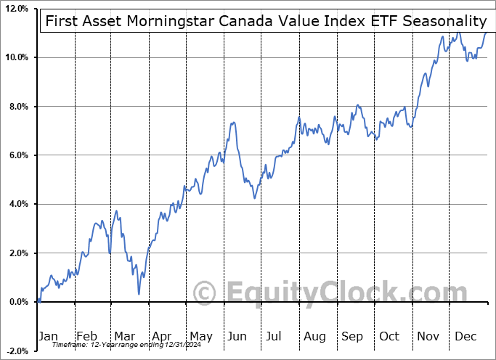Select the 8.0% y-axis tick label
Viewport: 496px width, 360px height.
pos(17,107)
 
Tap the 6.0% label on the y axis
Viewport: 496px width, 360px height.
pos(17,155)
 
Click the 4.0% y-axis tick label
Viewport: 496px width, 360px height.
pos(17,204)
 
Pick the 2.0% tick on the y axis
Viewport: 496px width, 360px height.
pos(17,253)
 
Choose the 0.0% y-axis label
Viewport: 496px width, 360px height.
pos(17,302)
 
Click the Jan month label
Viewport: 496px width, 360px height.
pos(48,336)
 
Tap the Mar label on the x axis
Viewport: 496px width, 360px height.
pos(124,336)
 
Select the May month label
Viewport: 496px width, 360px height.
pos(200,336)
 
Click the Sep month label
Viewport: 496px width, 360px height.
pos(352,336)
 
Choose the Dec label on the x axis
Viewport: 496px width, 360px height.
pos(465,336)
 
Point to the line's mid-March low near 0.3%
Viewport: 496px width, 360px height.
pos(138,294)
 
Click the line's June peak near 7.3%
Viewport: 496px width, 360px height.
pos(233,123)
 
